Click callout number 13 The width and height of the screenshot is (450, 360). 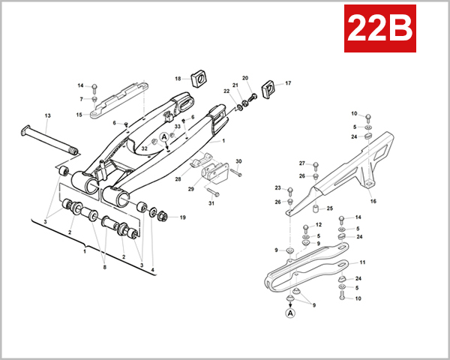pos(47,115)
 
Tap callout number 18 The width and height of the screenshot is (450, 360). pos(178,79)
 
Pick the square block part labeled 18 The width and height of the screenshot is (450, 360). pos(199,77)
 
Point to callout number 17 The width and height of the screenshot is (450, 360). pos(288,83)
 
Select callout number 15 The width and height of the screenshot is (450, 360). pos(79,115)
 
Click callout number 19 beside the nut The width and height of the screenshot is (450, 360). pos(182,217)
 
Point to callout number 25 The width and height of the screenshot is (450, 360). pos(329,208)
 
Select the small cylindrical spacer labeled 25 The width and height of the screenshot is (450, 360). pos(315,208)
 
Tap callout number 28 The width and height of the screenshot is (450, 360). pos(178,178)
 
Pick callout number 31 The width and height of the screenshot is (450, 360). pos(211,203)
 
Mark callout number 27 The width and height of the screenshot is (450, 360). pos(302,163)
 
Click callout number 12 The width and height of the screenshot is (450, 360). pos(318,225)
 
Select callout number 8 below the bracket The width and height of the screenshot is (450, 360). pos(105,268)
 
